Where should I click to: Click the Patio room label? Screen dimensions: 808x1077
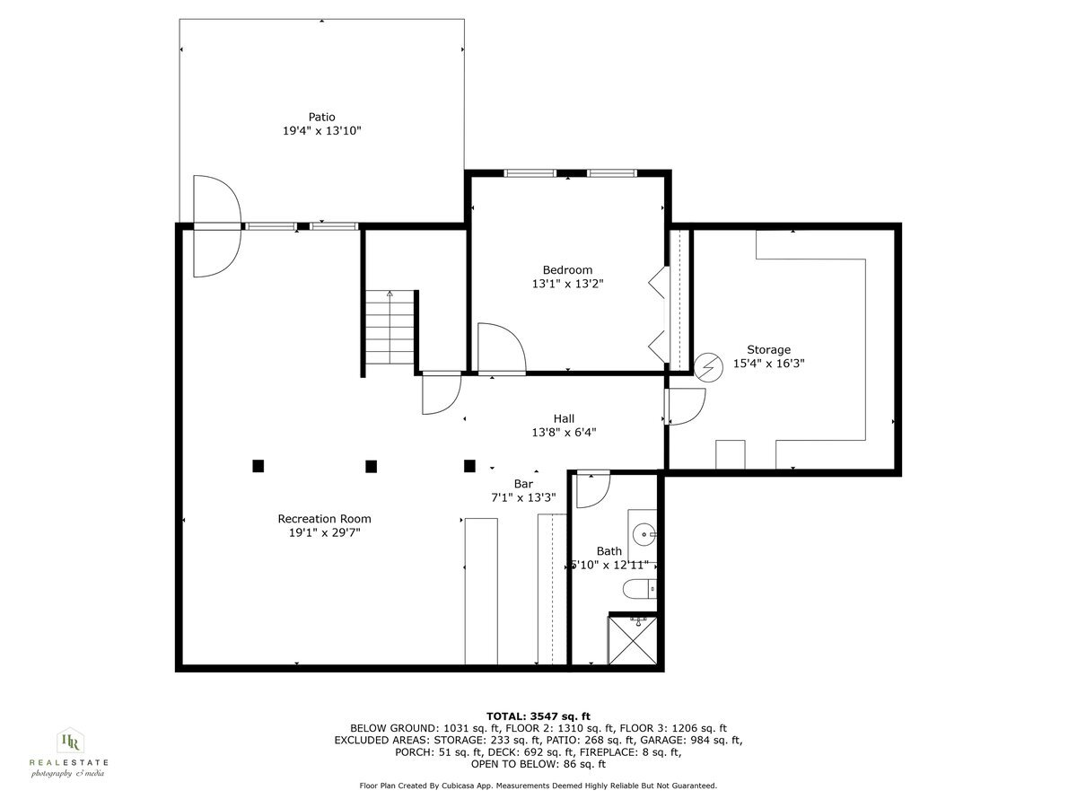(x=321, y=117)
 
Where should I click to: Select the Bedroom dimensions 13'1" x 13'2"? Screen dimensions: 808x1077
(x=567, y=284)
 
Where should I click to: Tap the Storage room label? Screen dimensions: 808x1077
(x=768, y=350)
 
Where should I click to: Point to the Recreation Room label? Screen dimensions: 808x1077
(x=324, y=518)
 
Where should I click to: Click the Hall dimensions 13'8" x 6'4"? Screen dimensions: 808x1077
(x=564, y=432)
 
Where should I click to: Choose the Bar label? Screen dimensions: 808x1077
(x=523, y=484)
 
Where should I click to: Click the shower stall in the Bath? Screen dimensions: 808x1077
(x=634, y=640)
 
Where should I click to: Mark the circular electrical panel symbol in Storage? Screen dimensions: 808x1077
(x=709, y=366)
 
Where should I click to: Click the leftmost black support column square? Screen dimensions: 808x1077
(x=258, y=465)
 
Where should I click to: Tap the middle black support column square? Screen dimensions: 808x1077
(x=371, y=465)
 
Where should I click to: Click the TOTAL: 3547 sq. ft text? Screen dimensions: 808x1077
(x=538, y=716)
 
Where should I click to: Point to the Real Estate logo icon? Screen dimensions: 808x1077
(x=69, y=742)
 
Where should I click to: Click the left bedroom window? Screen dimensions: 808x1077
(x=530, y=172)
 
